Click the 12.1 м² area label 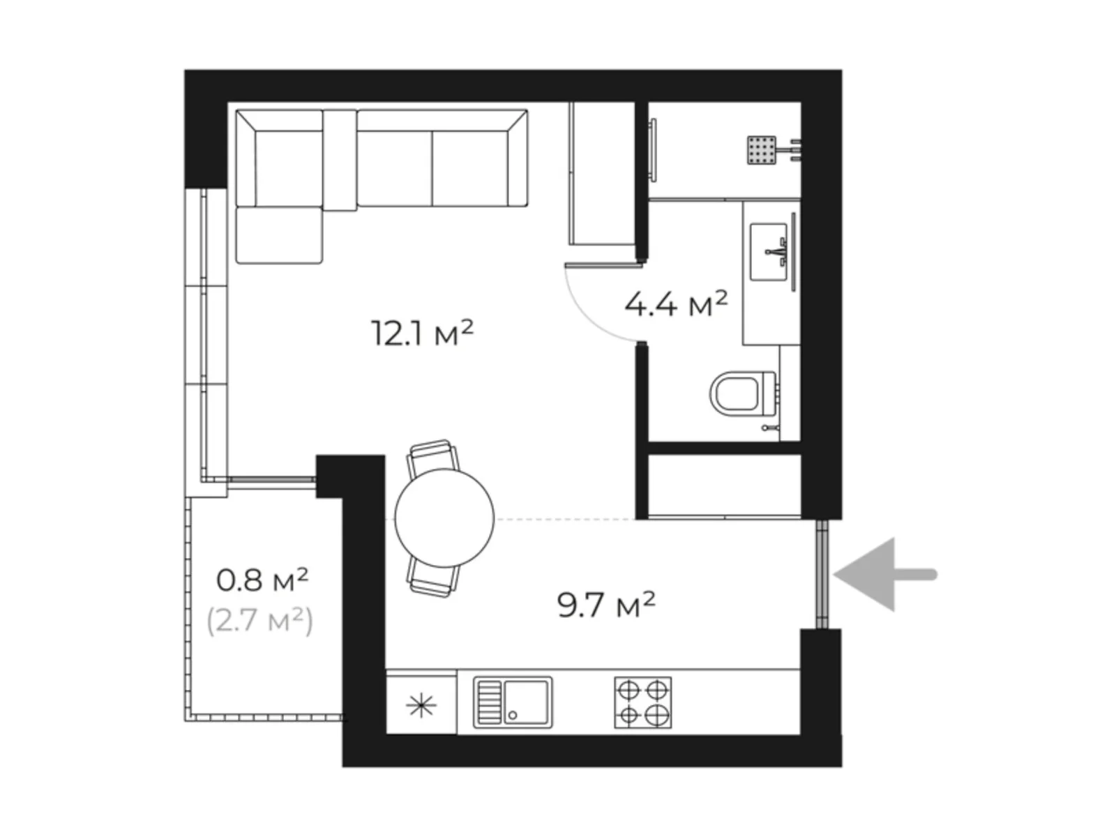point(422,333)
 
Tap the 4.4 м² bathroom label point(675,304)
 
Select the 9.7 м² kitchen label point(605,605)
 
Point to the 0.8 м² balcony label point(262,580)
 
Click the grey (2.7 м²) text point(260,620)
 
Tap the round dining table point(444,518)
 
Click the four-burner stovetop point(642,702)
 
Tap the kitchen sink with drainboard point(513,702)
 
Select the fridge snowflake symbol point(421,707)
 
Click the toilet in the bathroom point(742,394)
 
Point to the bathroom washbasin point(770,252)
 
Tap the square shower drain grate point(761,150)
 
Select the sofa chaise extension point(279,235)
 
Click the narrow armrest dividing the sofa point(340,160)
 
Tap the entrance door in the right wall point(822,574)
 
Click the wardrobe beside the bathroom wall point(602,174)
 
